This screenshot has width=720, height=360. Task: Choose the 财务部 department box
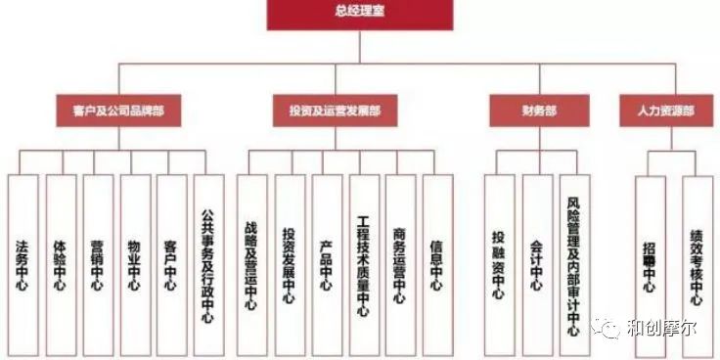pos(539,111)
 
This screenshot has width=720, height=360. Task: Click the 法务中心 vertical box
pos(22,265)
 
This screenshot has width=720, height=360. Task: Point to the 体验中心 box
pos(60,265)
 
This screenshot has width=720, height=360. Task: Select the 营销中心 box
pos(97,265)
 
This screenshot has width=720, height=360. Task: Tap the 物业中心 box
pos(134,265)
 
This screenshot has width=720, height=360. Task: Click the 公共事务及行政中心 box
pos(207,265)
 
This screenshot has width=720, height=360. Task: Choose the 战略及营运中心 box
pos(251,265)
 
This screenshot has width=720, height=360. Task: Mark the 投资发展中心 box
pos(289,265)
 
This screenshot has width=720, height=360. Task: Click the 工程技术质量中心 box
pos(363,265)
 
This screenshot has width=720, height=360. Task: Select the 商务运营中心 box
pos(399,265)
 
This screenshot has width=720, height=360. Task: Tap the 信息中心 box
pos(436,265)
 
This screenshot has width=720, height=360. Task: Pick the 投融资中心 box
pos(499,265)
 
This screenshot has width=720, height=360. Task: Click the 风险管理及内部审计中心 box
pos(573,265)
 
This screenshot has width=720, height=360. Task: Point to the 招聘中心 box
pos(649,265)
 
